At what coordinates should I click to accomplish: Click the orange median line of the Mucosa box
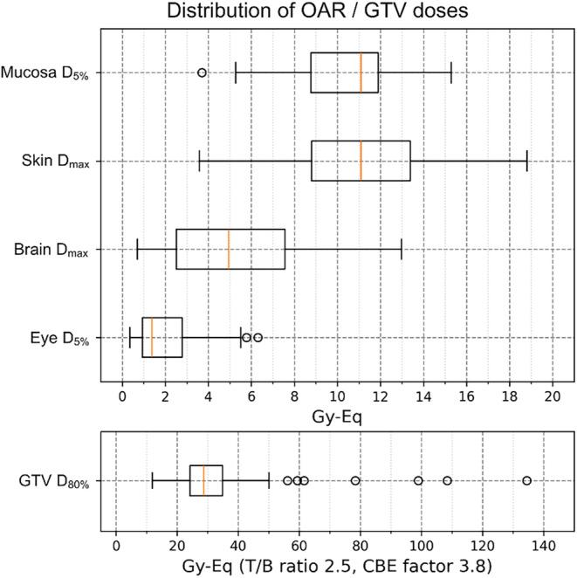coord(361,72)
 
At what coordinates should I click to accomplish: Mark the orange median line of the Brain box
coord(229,249)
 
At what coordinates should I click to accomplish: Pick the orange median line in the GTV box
coord(203,480)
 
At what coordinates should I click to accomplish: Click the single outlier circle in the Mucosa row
coord(203,72)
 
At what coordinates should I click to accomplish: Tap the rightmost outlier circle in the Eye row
coord(258,337)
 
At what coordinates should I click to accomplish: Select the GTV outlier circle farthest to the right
coord(526,480)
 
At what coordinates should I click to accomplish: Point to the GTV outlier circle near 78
coord(355,480)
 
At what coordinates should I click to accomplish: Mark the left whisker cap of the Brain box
coord(137,249)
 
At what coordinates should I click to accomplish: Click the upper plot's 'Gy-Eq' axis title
coord(336,416)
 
